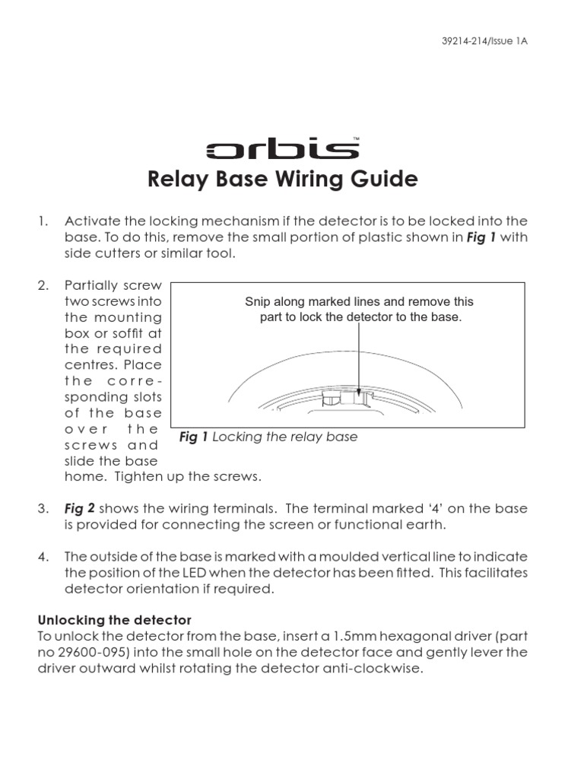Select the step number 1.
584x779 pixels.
tap(43, 221)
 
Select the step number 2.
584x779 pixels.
tap(43, 286)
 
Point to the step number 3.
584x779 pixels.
tap(43, 508)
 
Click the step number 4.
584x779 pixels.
tap(43, 556)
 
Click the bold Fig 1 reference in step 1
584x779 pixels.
tap(481, 237)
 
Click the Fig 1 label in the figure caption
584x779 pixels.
tap(194, 437)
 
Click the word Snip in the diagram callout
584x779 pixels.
tap(258, 302)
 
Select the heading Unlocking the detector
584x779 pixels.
tap(114, 621)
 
